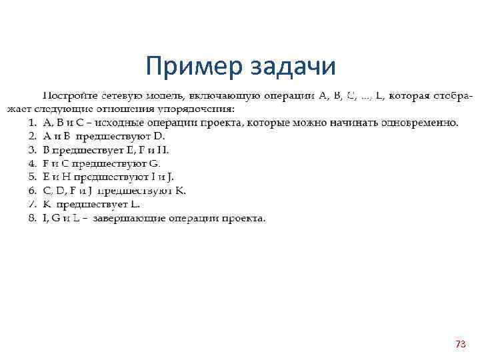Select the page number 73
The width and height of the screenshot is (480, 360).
[x=460, y=344]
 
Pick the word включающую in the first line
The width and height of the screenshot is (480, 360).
[x=223, y=95]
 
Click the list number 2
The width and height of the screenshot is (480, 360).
[x=32, y=136]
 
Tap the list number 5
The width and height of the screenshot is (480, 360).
[x=32, y=177]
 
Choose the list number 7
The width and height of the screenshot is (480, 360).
[x=32, y=204]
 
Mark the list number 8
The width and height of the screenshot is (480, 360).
[x=32, y=218]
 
